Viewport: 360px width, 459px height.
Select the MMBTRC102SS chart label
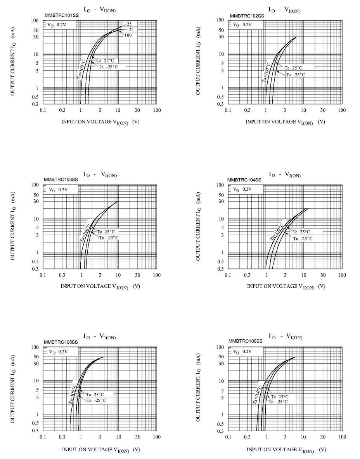(x=247, y=16)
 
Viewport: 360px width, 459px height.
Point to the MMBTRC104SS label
(x=244, y=180)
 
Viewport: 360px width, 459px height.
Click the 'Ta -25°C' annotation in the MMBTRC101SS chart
(x=108, y=67)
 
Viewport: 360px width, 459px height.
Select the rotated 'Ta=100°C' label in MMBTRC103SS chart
(x=85, y=232)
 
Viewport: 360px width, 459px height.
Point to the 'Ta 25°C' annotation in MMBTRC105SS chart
(x=95, y=394)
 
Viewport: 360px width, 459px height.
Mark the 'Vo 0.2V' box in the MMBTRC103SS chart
(x=58, y=190)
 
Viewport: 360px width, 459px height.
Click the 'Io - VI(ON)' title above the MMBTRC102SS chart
(x=284, y=9)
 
